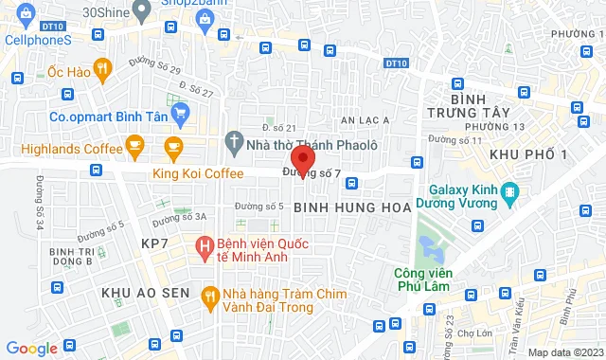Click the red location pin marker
(301, 157)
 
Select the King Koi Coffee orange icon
(172, 146)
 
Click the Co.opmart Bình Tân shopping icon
(181, 113)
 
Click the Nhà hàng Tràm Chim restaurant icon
(209, 296)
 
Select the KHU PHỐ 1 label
(528, 154)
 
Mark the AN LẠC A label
(360, 121)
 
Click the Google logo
(30, 349)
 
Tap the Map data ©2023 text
(564, 352)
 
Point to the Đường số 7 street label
(312, 174)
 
